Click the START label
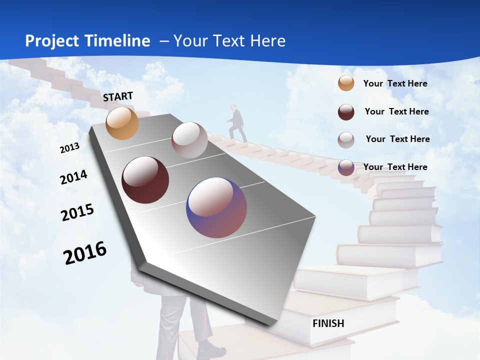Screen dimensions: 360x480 click(x=118, y=96)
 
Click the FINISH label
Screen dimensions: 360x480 click(x=328, y=323)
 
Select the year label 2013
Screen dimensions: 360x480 click(x=69, y=148)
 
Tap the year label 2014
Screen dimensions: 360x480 click(x=73, y=177)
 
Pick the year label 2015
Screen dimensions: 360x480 click(x=77, y=212)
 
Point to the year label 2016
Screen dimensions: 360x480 click(x=85, y=253)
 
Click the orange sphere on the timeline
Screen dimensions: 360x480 click(x=122, y=123)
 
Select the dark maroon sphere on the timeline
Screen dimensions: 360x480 click(x=145, y=180)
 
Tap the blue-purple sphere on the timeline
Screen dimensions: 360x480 click(x=216, y=207)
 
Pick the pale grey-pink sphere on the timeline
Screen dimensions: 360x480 click(x=189, y=140)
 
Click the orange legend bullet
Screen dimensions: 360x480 click(x=346, y=83)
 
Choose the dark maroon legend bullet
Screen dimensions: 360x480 click(x=346, y=111)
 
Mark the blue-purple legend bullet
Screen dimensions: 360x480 click(x=346, y=167)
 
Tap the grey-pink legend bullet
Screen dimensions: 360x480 click(x=346, y=139)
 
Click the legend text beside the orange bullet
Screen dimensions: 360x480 click(x=395, y=83)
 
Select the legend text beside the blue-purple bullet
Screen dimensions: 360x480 click(x=395, y=167)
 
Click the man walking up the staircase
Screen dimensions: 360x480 click(x=237, y=122)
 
